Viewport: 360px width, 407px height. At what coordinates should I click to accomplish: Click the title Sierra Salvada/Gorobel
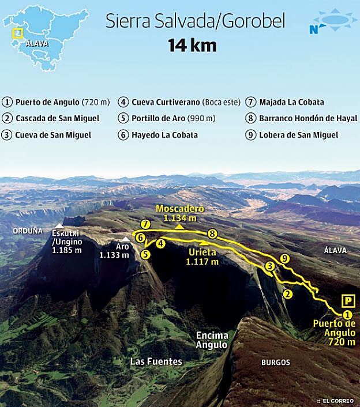point(195,22)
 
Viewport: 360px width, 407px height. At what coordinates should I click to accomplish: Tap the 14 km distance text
point(192,46)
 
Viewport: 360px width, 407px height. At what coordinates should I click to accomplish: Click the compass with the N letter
point(331,21)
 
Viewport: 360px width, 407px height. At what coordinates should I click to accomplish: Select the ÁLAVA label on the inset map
point(37,43)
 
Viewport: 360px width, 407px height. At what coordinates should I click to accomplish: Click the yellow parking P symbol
point(347,300)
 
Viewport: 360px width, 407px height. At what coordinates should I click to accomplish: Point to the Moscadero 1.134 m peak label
point(179,213)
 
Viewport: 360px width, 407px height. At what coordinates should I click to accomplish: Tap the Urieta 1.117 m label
point(202,257)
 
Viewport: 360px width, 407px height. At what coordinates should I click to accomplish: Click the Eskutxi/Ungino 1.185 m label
point(66,242)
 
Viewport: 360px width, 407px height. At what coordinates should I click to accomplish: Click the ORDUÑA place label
point(28,231)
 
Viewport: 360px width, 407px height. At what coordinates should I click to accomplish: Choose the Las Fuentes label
point(156,362)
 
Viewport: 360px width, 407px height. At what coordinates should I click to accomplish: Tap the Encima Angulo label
point(212,340)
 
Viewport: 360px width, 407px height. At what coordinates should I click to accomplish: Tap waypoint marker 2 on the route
point(287,294)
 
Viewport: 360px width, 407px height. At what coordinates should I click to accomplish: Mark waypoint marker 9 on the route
point(284,259)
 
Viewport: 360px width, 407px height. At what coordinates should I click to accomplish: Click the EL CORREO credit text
point(338,400)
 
